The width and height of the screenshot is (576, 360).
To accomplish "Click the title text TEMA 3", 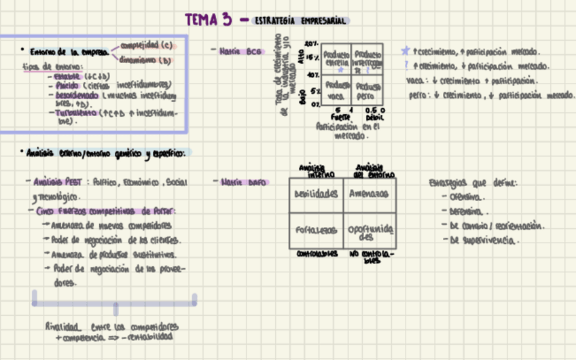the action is pos(209,20).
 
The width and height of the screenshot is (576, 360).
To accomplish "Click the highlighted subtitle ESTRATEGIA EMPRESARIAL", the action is pos(300,21).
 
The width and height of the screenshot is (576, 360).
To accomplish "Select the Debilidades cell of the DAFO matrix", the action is pos(316,194).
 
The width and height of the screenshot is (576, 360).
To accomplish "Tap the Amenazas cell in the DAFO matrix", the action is pos(369,194).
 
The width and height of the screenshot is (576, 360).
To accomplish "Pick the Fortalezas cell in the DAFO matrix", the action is pos(316,231).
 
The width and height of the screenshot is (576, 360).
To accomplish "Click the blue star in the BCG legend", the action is pos(406,51).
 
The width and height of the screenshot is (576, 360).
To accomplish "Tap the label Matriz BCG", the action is pos(240,51).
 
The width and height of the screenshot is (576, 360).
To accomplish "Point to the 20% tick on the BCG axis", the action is pos(312,43).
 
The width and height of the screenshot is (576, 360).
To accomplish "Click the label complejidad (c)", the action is pos(146,46).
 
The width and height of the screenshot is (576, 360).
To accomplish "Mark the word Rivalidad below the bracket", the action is pos(63,325).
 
